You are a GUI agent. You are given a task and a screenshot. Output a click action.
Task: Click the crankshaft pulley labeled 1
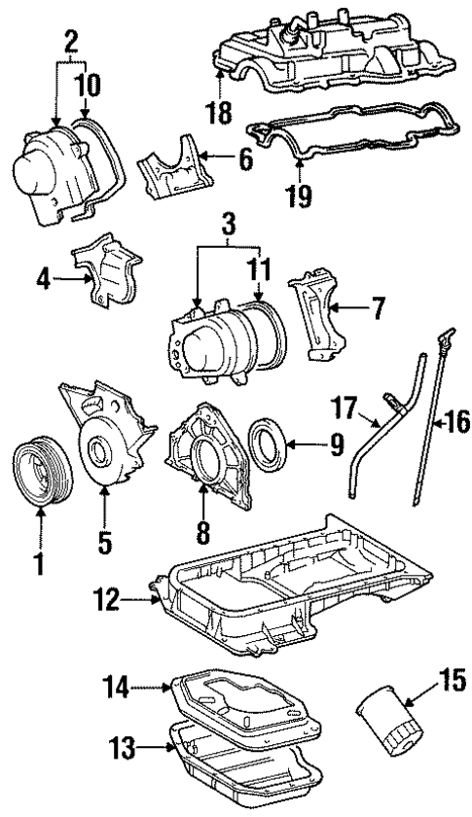tap(40, 473)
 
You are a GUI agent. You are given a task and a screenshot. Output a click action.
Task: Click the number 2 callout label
tap(69, 41)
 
